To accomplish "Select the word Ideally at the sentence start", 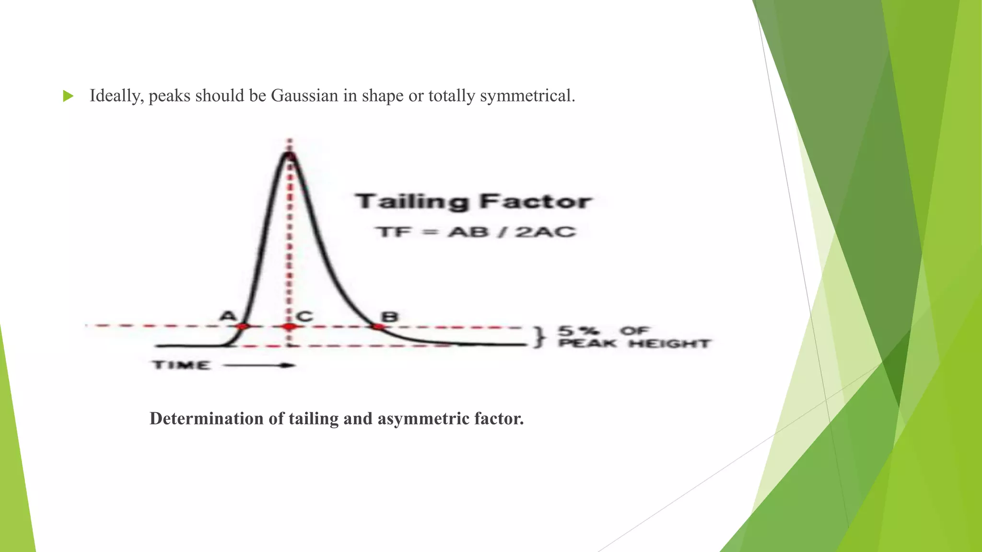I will click(117, 96).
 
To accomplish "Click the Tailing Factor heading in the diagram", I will click(473, 202).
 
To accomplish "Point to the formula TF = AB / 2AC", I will click(475, 232).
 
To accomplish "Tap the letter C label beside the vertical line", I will click(304, 316).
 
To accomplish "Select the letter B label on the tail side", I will click(389, 316).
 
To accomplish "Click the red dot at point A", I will click(243, 327).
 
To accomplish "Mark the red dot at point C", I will click(289, 327).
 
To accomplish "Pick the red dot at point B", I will click(378, 327).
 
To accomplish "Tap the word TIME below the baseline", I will click(181, 365).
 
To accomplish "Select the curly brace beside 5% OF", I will click(540, 337).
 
